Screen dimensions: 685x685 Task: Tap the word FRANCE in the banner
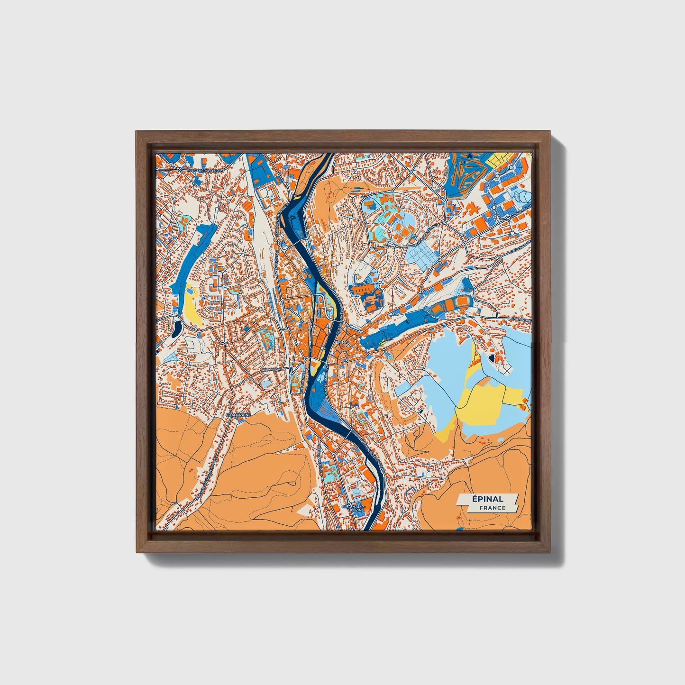[x=492, y=508]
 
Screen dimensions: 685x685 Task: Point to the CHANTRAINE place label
[x=238, y=414]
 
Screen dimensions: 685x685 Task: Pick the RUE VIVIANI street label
[x=271, y=368]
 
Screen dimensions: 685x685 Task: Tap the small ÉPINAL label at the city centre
[x=341, y=342]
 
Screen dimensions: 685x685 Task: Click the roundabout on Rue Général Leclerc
[x=180, y=169]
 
